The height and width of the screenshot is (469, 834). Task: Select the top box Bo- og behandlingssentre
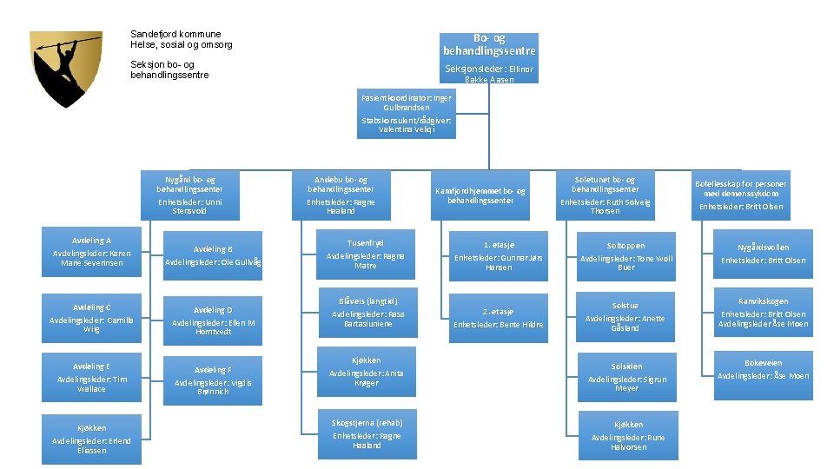(488, 57)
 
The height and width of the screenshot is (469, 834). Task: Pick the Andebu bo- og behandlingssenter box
(341, 195)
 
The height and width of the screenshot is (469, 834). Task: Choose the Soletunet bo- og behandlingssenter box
(605, 195)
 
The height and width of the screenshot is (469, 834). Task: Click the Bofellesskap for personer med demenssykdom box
(741, 195)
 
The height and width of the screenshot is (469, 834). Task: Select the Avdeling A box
(91, 253)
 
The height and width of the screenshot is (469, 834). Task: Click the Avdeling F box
(213, 376)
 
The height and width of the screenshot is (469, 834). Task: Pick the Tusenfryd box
(365, 254)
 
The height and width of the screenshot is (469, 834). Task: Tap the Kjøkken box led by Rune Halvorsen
(627, 434)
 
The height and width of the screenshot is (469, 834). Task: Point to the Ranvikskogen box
(762, 313)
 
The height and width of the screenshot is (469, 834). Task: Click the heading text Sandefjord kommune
(175, 34)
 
